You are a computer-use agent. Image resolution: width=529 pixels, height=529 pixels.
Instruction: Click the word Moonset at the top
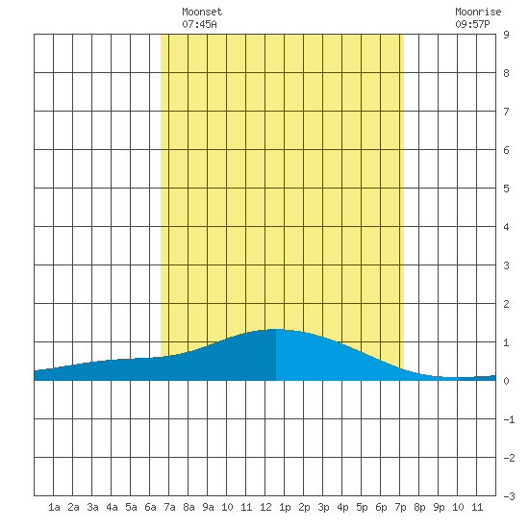(x=202, y=13)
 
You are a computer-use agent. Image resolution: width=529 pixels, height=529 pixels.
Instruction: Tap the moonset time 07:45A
(x=199, y=24)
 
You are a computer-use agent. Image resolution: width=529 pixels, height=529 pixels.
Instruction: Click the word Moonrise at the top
(x=478, y=13)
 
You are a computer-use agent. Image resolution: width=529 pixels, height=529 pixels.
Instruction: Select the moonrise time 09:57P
(x=472, y=24)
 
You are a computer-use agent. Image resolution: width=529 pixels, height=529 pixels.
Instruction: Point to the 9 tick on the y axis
(x=506, y=35)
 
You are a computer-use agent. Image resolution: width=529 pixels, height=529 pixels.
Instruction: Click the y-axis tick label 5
(x=506, y=189)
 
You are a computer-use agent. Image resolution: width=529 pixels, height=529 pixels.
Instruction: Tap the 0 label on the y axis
(x=506, y=381)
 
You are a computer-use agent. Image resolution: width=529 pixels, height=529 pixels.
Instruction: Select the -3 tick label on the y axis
(x=509, y=496)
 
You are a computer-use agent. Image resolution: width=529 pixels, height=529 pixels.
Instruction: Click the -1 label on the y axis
(x=509, y=419)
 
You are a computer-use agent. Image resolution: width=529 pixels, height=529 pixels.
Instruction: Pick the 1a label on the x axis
(x=54, y=507)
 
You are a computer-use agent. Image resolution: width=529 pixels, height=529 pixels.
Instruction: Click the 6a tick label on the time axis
(x=150, y=507)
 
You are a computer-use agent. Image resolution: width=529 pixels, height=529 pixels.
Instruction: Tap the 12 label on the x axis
(x=265, y=507)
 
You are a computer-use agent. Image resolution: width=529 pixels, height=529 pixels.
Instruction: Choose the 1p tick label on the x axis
(x=285, y=508)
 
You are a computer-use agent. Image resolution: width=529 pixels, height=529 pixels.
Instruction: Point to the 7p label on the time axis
(x=400, y=508)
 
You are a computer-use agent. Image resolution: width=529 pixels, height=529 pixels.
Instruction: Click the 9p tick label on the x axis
(x=439, y=508)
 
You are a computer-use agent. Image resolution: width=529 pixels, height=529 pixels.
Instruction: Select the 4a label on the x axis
(x=112, y=507)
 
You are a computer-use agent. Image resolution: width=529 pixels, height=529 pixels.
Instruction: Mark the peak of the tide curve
(x=277, y=329)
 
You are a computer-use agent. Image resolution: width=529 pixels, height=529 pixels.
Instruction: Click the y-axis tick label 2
(x=506, y=304)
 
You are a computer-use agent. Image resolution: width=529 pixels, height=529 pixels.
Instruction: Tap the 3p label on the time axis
(x=323, y=508)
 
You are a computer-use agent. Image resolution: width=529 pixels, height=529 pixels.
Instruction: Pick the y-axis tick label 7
(x=506, y=112)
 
